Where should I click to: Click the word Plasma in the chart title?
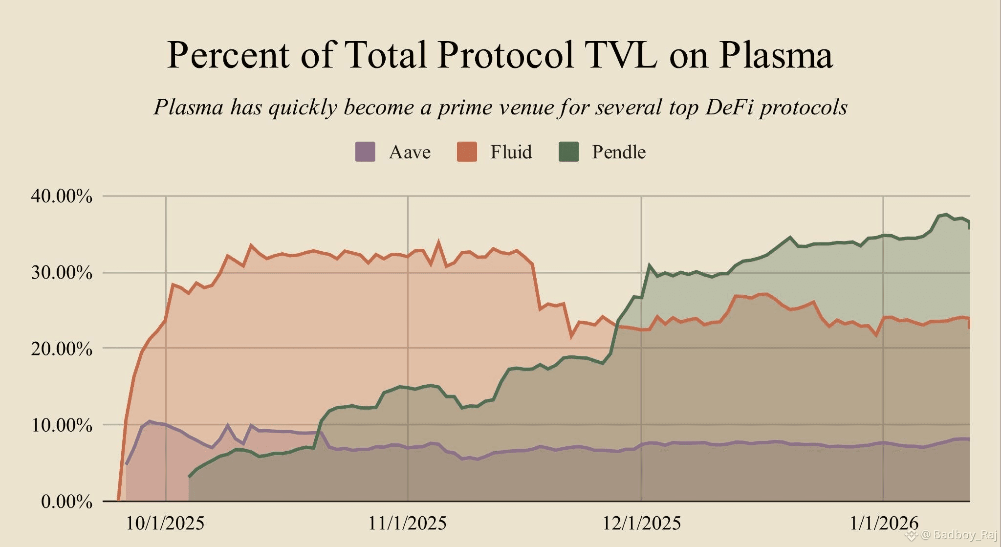click(x=776, y=55)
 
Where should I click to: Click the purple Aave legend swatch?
click(x=365, y=152)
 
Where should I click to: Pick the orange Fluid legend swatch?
click(x=467, y=152)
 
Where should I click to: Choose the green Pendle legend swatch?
click(x=568, y=152)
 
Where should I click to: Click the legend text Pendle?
click(x=619, y=152)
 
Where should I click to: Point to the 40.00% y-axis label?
click(x=62, y=197)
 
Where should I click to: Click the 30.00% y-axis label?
click(x=62, y=273)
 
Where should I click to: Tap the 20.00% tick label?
click(x=62, y=349)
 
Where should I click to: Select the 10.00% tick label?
click(x=62, y=425)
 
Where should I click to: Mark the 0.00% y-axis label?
click(x=66, y=502)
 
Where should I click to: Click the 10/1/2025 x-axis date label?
click(x=165, y=524)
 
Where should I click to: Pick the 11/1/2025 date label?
click(x=407, y=524)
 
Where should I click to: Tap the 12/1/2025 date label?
click(x=641, y=524)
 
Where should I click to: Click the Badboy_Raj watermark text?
click(x=957, y=535)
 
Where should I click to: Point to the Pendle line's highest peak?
click(x=946, y=215)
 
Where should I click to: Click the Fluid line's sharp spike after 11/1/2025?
click(x=438, y=241)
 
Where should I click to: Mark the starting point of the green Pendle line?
click(x=189, y=477)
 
